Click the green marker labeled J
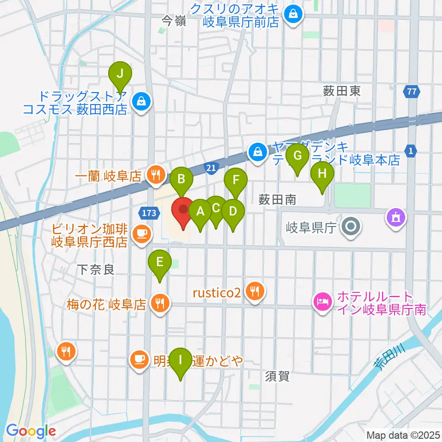(120, 74)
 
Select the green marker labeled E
(159, 262)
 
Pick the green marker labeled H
(322, 174)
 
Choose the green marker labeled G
(297, 156)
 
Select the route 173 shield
(149, 213)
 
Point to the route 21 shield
(210, 170)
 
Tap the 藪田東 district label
(342, 91)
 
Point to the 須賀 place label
(277, 376)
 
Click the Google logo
(31, 431)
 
